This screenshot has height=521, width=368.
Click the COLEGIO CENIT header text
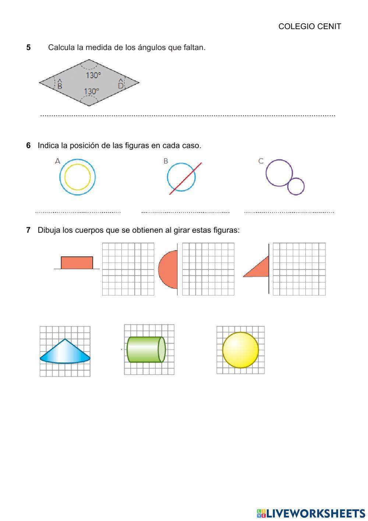[309, 27]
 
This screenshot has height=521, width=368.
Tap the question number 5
[28, 48]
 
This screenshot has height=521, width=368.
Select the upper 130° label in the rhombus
[93, 75]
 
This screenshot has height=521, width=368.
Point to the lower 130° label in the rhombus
[92, 91]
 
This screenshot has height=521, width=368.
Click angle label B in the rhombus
[60, 85]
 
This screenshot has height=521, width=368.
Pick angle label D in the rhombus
[121, 85]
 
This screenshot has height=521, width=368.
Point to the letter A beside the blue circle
[57, 161]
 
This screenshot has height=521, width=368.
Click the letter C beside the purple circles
[261, 161]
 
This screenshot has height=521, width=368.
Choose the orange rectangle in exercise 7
[77, 263]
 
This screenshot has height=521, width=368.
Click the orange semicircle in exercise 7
[169, 270]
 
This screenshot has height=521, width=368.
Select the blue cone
[65, 352]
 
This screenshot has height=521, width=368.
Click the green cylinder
[145, 349]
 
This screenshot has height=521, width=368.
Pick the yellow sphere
[240, 350]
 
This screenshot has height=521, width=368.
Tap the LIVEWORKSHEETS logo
[311, 513]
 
